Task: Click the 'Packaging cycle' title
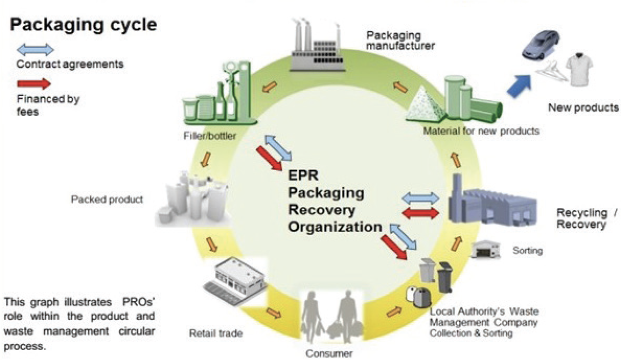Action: (84, 25)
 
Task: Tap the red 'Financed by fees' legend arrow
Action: (34, 84)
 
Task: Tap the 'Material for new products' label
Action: (481, 131)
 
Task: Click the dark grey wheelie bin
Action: (445, 276)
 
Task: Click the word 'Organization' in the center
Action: (335, 227)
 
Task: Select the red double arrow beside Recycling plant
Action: (420, 213)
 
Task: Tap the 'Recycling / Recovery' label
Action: (582, 219)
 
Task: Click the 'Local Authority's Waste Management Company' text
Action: (483, 317)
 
